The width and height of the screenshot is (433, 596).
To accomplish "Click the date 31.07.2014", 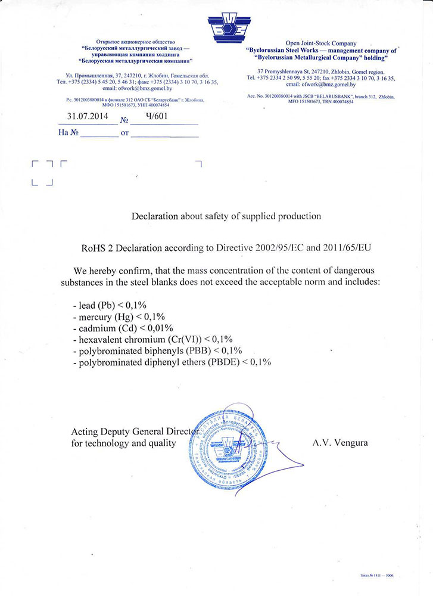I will tap(87, 117).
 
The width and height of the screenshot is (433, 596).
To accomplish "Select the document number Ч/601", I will tap(150, 117).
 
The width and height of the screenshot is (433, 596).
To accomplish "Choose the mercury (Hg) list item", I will tap(118, 316).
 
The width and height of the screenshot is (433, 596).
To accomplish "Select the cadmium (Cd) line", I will tap(122, 328).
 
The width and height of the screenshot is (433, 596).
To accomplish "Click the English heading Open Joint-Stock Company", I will tap(321, 44).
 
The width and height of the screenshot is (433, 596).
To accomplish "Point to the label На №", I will tap(68, 133).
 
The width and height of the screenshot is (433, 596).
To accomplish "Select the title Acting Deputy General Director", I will tap(135, 432).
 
